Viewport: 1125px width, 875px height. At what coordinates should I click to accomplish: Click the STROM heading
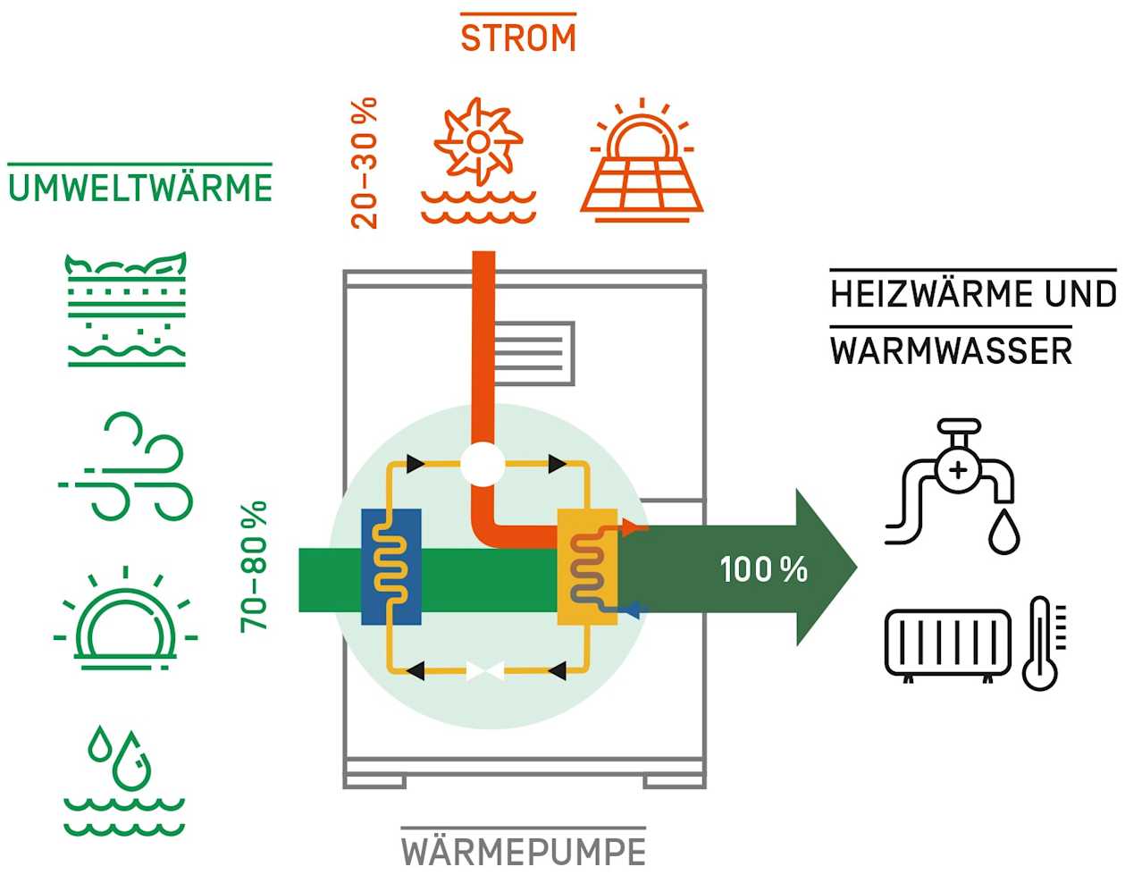pos(517,38)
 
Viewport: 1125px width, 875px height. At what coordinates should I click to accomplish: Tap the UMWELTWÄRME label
pos(139,189)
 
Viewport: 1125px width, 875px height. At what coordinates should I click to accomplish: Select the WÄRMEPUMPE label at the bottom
pos(523,850)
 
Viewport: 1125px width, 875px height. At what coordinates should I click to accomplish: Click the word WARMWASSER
pos(951,350)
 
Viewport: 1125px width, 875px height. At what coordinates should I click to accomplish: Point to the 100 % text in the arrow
pos(763,569)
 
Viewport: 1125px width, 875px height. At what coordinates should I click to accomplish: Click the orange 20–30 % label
pos(365,164)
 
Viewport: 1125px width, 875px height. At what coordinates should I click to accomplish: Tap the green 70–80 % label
pos(254,567)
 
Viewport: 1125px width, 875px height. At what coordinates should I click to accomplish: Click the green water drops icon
pos(124,780)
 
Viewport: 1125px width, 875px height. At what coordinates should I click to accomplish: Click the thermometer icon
pos(1042,643)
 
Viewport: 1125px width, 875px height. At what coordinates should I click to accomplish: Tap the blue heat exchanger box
pos(390,567)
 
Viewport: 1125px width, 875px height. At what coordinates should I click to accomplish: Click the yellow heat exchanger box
pos(587,567)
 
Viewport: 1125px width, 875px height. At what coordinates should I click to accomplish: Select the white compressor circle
pos(483,465)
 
